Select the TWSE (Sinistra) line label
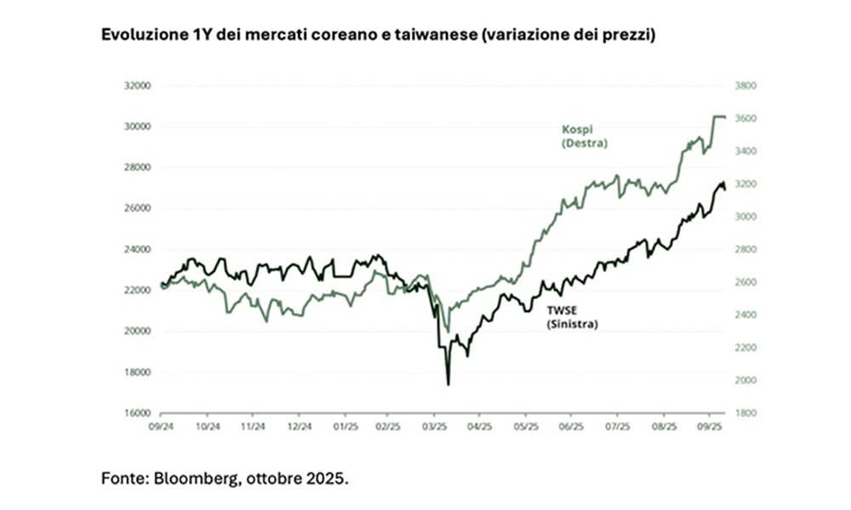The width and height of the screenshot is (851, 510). pyautogui.click(x=571, y=318)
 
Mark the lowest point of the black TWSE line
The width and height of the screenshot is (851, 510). pyautogui.click(x=448, y=384)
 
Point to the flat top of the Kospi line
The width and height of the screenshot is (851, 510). pyautogui.click(x=718, y=116)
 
